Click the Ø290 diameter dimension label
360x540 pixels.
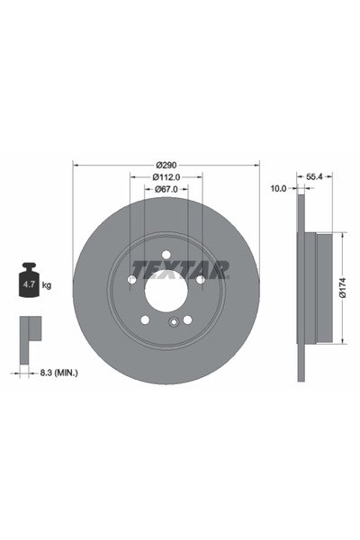pyautogui.click(x=166, y=164)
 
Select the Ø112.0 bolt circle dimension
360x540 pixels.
pyautogui.click(x=166, y=177)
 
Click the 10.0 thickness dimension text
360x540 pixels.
pyautogui.click(x=278, y=189)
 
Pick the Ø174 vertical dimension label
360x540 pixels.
pyautogui.click(x=342, y=287)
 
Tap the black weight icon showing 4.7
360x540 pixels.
pyautogui.click(x=28, y=283)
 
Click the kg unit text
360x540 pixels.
pyautogui.click(x=47, y=285)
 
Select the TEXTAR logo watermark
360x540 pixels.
pyautogui.click(x=180, y=269)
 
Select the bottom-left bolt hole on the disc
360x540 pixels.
pyautogui.click(x=144, y=319)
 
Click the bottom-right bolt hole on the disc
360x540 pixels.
pyautogui.click(x=187, y=319)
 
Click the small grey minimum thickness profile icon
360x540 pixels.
pyautogui.click(x=29, y=330)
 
